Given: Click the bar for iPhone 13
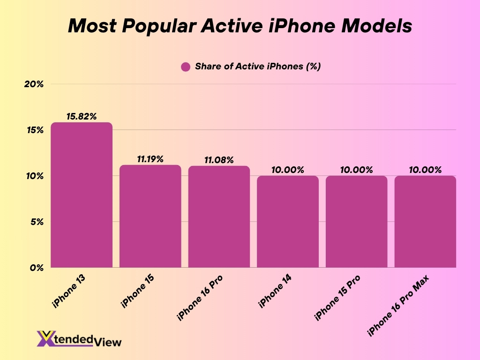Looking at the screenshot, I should click(x=82, y=195).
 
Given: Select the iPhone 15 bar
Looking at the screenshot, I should click(x=150, y=216).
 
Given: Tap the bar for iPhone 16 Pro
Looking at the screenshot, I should click(x=219, y=217).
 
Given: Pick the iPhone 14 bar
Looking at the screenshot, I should click(x=287, y=222).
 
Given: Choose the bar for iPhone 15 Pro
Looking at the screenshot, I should click(x=356, y=222).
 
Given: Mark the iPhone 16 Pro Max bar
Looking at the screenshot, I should click(x=425, y=222).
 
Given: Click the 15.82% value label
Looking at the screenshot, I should click(x=82, y=116).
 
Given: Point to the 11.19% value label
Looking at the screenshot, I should click(x=150, y=159).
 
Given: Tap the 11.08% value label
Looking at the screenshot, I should click(x=219, y=160).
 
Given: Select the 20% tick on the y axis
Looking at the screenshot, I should click(x=34, y=84).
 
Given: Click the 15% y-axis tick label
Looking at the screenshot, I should click(x=34, y=130).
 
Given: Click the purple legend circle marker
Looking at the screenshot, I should click(x=186, y=67).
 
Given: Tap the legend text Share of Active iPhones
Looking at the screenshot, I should click(x=257, y=67).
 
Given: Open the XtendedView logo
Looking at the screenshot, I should click(x=79, y=339).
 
